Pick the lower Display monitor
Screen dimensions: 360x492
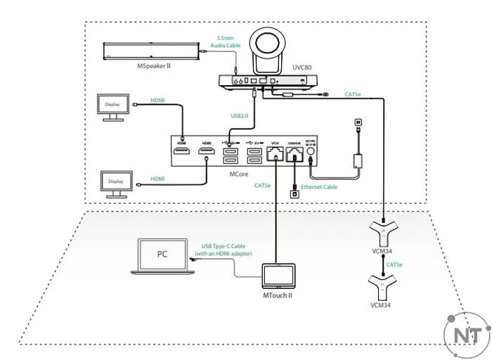point(115,181)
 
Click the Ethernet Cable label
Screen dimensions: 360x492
point(319,187)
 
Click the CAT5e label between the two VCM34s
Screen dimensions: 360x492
point(394,264)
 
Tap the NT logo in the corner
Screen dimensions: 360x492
point(467,333)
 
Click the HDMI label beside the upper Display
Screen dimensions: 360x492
point(158,101)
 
